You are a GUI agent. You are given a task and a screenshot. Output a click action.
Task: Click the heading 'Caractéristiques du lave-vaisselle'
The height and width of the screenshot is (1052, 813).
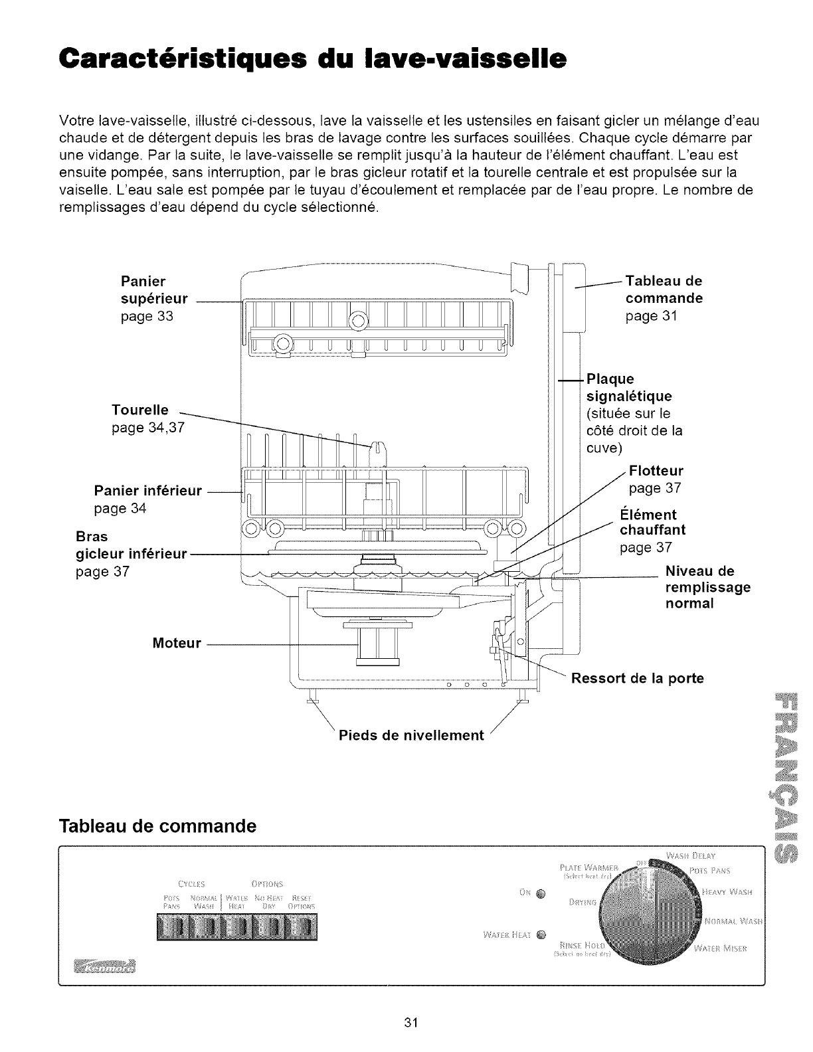(x=312, y=58)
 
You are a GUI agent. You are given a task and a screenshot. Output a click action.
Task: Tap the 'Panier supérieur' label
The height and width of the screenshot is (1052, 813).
(x=153, y=290)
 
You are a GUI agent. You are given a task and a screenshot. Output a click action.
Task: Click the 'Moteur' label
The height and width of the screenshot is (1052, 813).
(x=176, y=643)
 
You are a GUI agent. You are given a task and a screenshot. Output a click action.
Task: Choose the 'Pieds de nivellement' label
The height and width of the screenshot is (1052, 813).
(x=411, y=735)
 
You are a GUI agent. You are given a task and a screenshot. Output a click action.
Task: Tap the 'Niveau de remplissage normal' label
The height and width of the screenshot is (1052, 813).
(x=707, y=587)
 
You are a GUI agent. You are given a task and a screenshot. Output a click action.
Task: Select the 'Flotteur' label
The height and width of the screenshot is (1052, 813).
(x=656, y=471)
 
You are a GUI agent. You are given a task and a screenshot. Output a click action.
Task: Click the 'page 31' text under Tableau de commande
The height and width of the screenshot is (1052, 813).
(x=651, y=315)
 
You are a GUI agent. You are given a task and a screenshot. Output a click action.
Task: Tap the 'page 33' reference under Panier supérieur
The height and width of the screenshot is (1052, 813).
(x=146, y=316)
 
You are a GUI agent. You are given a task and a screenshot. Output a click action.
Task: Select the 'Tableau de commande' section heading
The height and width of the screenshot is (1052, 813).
(x=158, y=826)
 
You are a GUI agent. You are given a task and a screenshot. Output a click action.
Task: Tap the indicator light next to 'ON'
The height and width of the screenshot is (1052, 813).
(x=540, y=893)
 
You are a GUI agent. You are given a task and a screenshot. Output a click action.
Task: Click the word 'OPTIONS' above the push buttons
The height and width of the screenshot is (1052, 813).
(x=268, y=883)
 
